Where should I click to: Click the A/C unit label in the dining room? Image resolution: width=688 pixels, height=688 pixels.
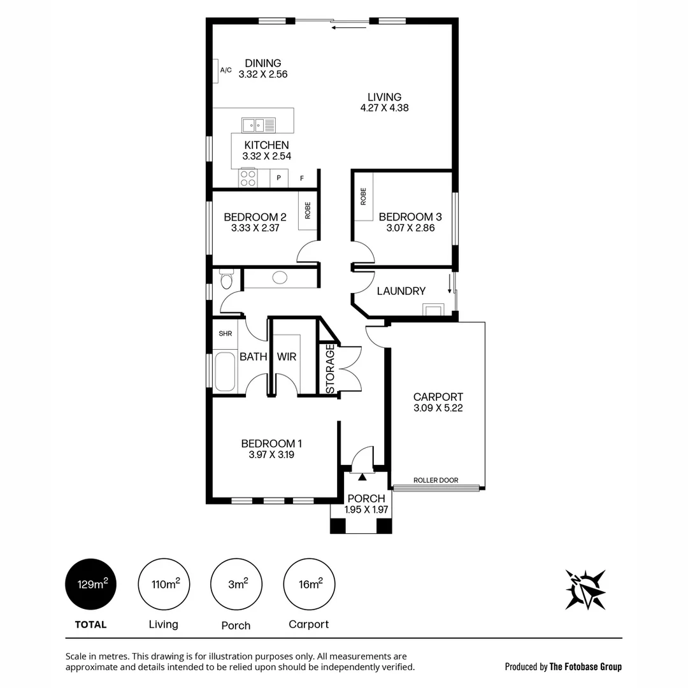tap(226, 70)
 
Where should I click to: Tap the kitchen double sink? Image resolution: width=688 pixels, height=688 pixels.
tap(258, 125)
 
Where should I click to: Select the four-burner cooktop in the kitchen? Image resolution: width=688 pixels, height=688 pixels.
tap(248, 178)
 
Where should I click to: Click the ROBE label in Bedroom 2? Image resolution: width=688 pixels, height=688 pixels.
tap(308, 211)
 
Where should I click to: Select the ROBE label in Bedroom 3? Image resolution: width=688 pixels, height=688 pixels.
tap(363, 197)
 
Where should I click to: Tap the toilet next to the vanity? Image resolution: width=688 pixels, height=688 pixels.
tap(226, 280)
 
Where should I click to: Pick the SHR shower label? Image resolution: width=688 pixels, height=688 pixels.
tap(225, 333)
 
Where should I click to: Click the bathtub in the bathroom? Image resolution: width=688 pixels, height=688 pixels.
tap(225, 372)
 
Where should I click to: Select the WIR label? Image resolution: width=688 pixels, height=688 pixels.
tap(287, 357)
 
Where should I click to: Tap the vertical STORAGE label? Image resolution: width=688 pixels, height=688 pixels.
tap(330, 369)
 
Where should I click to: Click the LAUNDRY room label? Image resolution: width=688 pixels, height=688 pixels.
tap(401, 291)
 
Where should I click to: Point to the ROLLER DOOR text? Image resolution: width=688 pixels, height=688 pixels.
tap(436, 480)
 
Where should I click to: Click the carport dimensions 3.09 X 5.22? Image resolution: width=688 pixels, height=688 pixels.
tap(438, 408)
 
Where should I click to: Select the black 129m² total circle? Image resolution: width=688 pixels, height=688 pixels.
tap(91, 584)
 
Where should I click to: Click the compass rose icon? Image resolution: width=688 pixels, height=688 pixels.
tap(585, 589)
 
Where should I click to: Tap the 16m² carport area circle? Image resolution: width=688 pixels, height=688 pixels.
tap(309, 584)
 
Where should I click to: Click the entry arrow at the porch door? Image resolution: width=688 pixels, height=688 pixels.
tap(362, 476)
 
